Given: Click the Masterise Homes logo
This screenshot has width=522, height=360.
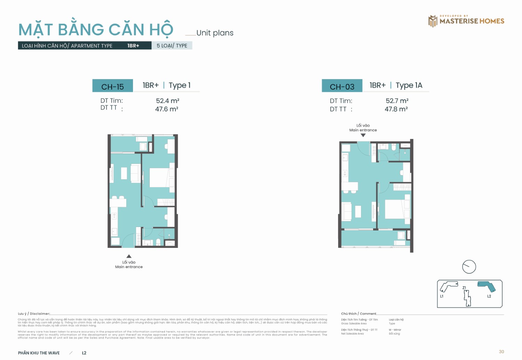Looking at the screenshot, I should coord(466,21).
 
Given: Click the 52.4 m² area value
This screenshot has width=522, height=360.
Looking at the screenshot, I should coord(167,101).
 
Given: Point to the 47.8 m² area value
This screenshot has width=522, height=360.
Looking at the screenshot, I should coord(396,109).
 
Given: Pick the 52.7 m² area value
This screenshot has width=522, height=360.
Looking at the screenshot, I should coord(397,101).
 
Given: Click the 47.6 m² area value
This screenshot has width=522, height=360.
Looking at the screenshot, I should coord(167,109).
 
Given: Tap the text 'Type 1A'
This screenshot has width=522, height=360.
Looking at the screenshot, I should coord(409,85).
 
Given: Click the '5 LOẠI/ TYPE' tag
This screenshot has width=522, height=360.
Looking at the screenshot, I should coord(172,46).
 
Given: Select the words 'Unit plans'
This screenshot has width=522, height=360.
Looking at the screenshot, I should coord(215,33).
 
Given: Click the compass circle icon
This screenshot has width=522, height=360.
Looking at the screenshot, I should coord(469,267).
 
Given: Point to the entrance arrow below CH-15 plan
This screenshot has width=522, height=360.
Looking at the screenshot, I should coord(129,256).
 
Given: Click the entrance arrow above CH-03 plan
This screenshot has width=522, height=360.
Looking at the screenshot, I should coord(363,135).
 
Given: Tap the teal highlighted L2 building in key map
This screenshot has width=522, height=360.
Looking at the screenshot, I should coord(487,286).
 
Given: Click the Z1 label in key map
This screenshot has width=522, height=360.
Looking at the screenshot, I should coord(464,288).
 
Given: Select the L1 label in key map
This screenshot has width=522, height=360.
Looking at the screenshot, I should coord(442,296).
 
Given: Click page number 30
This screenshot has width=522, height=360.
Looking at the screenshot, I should coord(501,352).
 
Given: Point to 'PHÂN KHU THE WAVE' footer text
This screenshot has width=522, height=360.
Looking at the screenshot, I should coord(39,353).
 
